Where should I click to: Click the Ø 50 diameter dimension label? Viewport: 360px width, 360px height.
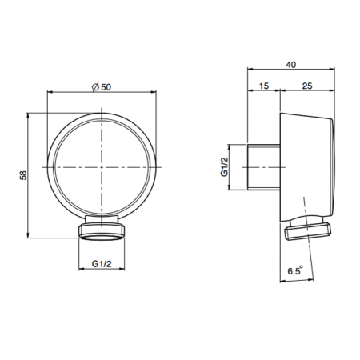pos(102,87)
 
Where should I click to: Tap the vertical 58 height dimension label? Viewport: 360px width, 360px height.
pos(23,175)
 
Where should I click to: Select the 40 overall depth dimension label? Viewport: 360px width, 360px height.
pos(291,65)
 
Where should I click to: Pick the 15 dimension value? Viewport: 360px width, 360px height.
pos(264,86)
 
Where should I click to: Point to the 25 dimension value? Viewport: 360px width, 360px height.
pos(307,86)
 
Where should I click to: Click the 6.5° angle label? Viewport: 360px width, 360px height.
pos(295,270)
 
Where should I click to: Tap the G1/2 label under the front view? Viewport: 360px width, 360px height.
pos(102,264)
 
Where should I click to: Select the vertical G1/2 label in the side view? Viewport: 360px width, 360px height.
pos(225,167)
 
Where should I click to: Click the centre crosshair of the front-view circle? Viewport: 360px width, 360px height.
pos(102,167)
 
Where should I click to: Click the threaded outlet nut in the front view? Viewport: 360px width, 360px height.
pos(102,233)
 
